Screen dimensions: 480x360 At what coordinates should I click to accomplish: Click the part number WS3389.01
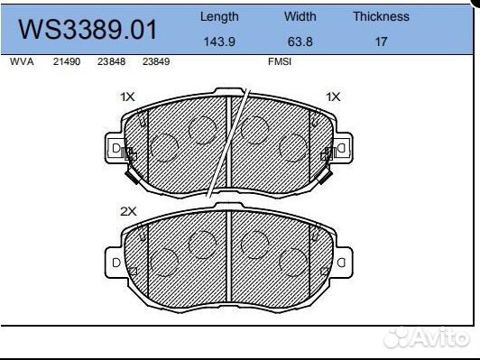click(x=88, y=30)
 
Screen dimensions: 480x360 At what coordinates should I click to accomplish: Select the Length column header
click(x=219, y=16)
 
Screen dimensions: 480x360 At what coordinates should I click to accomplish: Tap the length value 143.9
click(x=219, y=42)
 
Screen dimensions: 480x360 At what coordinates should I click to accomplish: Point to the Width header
click(x=300, y=16)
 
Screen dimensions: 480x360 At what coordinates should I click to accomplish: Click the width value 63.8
click(x=300, y=42)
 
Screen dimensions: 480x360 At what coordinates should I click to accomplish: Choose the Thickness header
click(x=381, y=16)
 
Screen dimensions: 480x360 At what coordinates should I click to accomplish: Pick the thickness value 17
click(x=382, y=42)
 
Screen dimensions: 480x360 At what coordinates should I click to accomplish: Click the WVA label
click(x=22, y=61)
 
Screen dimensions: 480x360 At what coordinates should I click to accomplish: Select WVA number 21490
click(x=67, y=61)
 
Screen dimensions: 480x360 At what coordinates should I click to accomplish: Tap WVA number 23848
click(x=112, y=61)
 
